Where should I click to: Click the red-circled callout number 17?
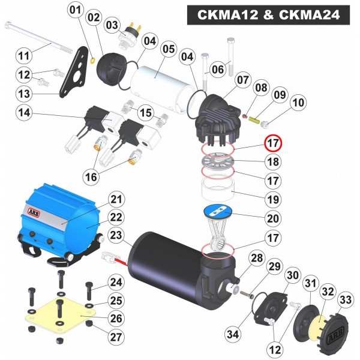273,143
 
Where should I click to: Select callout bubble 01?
76,10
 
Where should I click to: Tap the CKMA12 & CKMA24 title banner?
268,14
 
